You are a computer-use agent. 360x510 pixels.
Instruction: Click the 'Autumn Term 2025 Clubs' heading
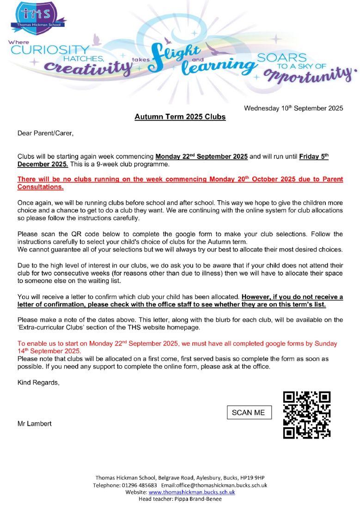(x=180, y=117)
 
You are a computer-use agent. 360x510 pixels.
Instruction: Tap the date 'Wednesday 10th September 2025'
(x=293, y=109)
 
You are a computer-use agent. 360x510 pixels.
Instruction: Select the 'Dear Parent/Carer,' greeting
(x=45, y=134)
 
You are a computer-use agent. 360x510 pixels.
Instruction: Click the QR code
(x=307, y=415)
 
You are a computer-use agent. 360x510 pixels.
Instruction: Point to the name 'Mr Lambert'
(x=34, y=424)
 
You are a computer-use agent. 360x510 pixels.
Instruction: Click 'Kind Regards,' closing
(x=38, y=382)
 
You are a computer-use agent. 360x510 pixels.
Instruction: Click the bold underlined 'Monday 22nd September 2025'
(x=201, y=156)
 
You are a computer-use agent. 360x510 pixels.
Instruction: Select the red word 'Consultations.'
(x=40, y=187)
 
